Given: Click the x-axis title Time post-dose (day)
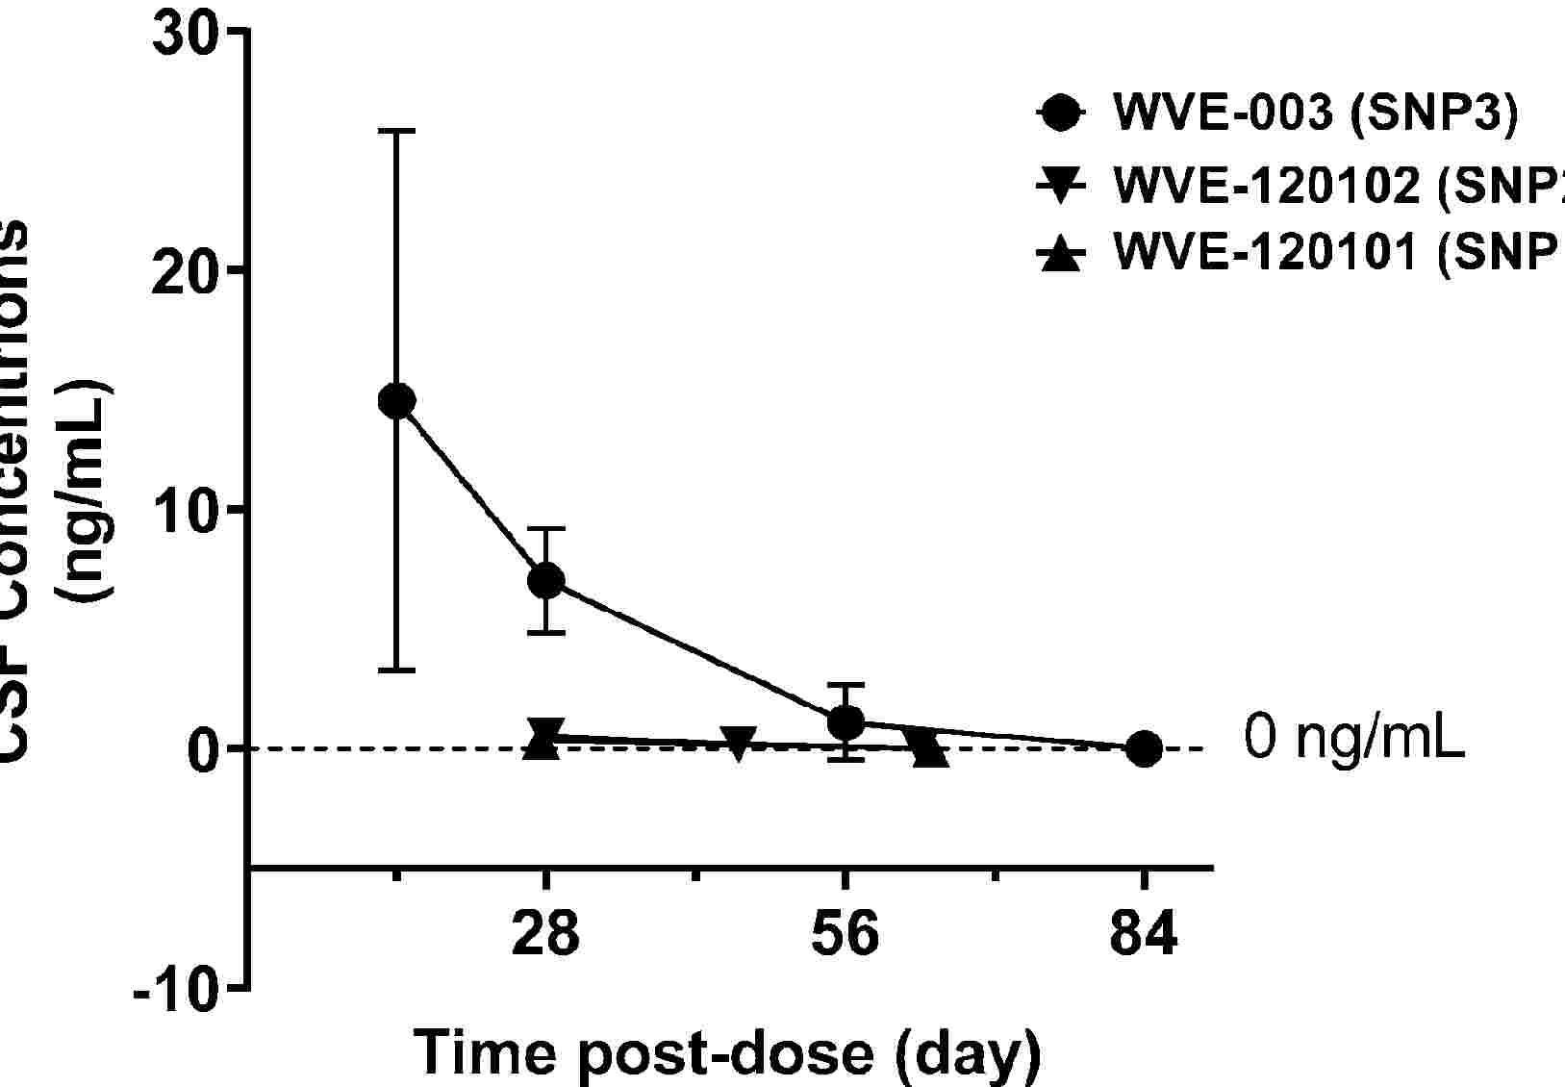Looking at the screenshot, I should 728,1052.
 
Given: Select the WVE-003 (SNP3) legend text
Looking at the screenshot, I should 1315,113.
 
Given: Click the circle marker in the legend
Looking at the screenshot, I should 1061,114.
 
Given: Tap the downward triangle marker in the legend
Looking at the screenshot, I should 1061,186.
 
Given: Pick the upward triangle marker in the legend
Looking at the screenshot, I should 1061,255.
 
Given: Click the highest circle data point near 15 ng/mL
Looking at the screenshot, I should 396,400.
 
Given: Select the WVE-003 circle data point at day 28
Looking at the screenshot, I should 545,580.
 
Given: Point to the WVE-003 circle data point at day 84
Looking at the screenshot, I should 1144,747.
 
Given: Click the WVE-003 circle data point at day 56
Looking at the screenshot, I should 846,721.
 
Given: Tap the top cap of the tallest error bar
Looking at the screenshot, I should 396,131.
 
